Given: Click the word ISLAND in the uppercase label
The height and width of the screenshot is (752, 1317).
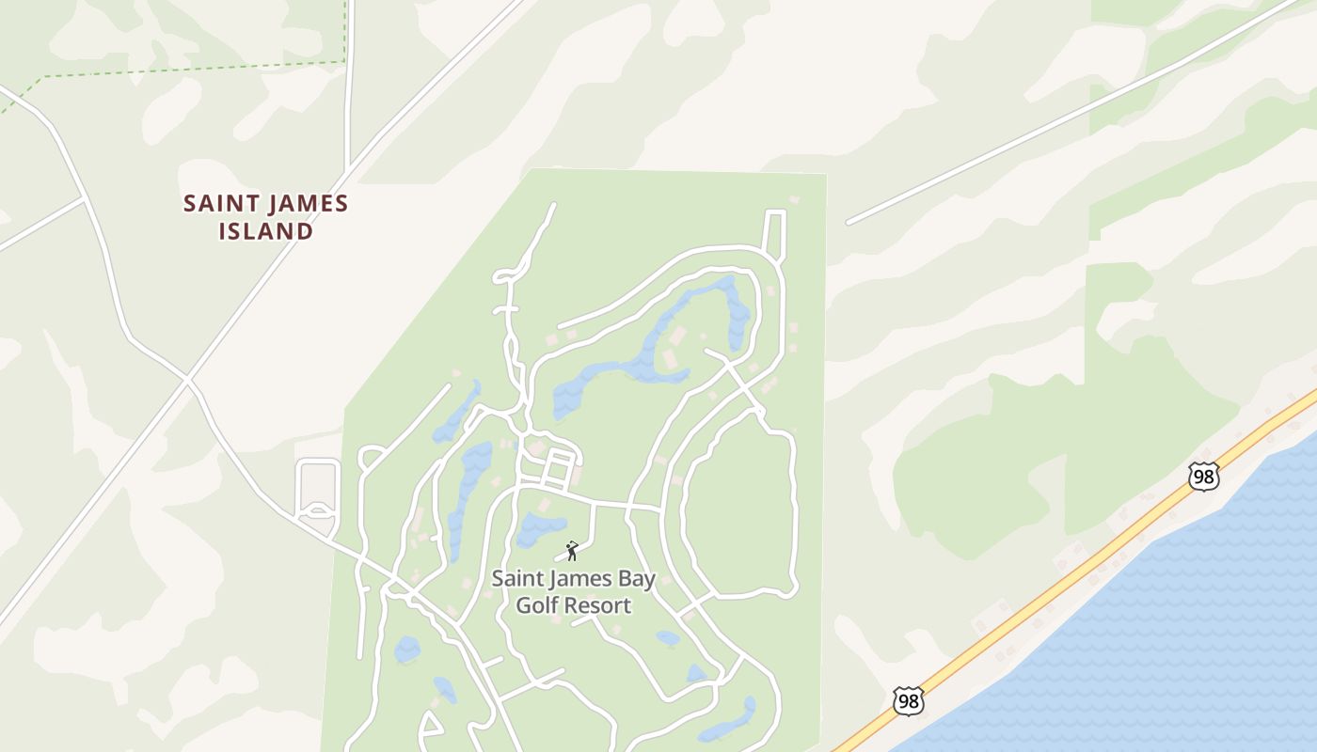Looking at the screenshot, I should pos(266,230).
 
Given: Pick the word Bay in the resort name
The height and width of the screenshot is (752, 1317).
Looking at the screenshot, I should pos(637,579).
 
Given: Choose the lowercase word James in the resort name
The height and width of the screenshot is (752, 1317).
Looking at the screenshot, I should pos(579,579).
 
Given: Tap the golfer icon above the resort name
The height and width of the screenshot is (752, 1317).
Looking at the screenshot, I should pos(571,551).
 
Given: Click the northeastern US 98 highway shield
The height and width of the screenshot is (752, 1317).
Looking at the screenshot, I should pos(1203,477).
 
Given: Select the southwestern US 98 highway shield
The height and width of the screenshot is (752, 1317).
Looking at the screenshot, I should pos(908,701).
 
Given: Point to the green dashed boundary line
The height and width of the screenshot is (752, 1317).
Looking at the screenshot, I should pos(188,69).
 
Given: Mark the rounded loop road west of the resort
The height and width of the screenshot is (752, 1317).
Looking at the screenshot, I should pos(318,487).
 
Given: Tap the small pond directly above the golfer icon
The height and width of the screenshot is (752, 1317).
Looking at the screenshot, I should pos(540,528).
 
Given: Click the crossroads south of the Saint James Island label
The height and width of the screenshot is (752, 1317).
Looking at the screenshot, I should pos(188,380).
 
